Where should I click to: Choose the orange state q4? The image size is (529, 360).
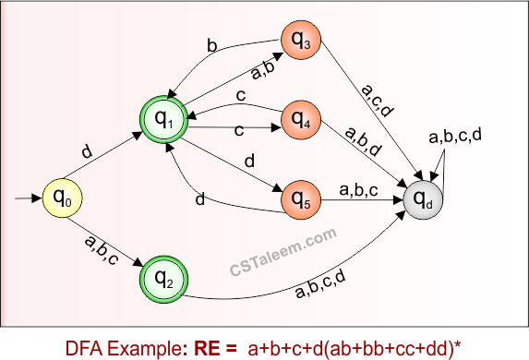[304, 118]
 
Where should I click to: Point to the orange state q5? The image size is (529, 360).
[304, 197]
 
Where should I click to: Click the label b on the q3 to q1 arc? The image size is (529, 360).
[212, 45]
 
